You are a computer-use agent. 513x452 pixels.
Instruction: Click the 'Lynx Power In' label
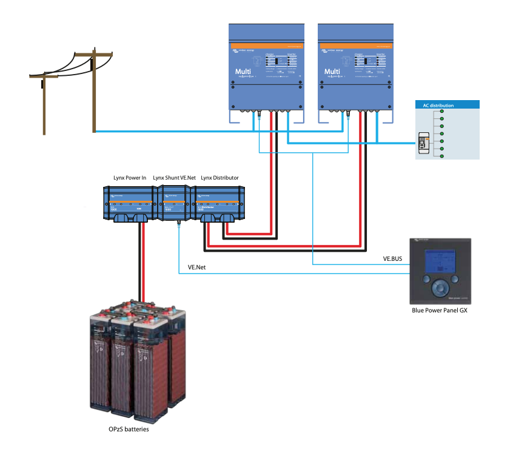point(130,178)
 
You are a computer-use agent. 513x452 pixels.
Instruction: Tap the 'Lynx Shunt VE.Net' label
point(175,178)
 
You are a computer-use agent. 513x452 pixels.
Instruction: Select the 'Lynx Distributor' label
point(220,178)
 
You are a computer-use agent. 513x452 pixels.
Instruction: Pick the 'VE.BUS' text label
point(393,258)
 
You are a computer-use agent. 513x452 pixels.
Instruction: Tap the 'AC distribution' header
point(438,106)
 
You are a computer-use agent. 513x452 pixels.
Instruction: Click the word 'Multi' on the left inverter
point(243,72)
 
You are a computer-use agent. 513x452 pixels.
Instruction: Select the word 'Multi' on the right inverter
point(332,72)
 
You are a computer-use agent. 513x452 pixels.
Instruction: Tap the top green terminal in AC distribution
point(442,112)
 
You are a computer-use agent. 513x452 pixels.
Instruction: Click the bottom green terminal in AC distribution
point(442,157)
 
